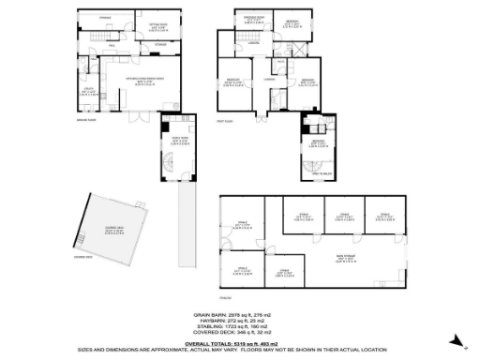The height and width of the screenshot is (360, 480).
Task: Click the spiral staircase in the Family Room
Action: point(166,165)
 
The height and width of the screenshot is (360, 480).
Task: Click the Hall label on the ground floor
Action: point(112,44)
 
